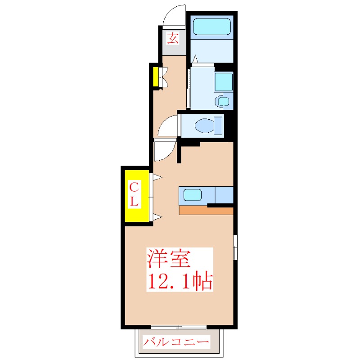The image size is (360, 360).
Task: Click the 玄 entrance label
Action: [173, 38]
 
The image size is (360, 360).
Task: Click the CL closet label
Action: [134, 194]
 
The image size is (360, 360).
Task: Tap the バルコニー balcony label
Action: [176, 342]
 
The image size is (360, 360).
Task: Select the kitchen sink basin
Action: [192, 195]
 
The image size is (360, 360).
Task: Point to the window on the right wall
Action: [235, 247]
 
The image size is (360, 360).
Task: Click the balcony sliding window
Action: [179, 327]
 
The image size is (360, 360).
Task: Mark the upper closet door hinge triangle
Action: [157, 178]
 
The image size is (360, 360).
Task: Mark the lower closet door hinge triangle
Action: [157, 218]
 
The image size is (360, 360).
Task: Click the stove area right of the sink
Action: [224, 194]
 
